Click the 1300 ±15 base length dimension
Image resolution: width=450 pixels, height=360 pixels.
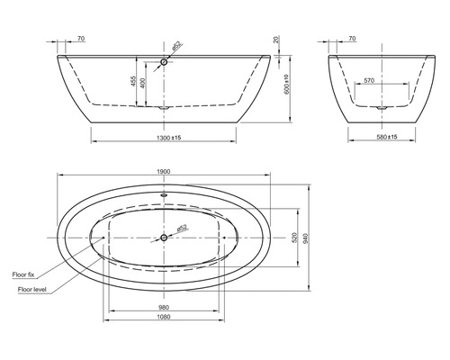(x=163, y=136)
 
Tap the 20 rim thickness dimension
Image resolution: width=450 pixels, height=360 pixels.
(x=275, y=40)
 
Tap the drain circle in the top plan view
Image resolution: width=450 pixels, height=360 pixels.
(x=163, y=238)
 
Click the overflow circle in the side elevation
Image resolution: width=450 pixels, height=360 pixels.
(x=163, y=62)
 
